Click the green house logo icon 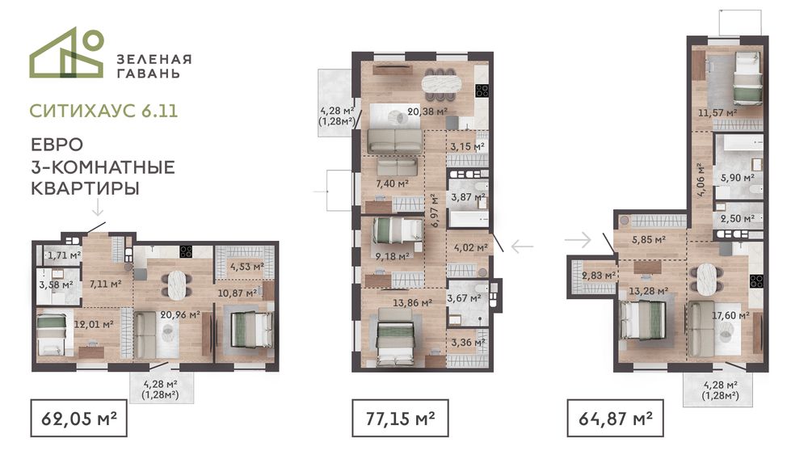point(67,53)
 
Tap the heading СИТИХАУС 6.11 point(103,111)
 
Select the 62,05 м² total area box point(79,418)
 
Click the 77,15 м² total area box point(400,418)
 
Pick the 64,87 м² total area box point(615,418)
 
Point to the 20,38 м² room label point(427,111)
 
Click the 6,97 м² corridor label point(435,210)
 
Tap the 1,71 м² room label point(65,255)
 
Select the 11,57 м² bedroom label point(718,112)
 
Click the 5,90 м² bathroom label point(738,178)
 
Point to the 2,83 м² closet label point(599,276)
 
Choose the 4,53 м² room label point(246,267)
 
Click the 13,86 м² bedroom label point(412,303)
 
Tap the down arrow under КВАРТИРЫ point(98,209)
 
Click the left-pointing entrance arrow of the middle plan point(522,246)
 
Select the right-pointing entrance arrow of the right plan point(578,239)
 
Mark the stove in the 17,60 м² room point(756,281)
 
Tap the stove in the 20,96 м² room point(186,251)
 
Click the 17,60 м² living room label point(730,315)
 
